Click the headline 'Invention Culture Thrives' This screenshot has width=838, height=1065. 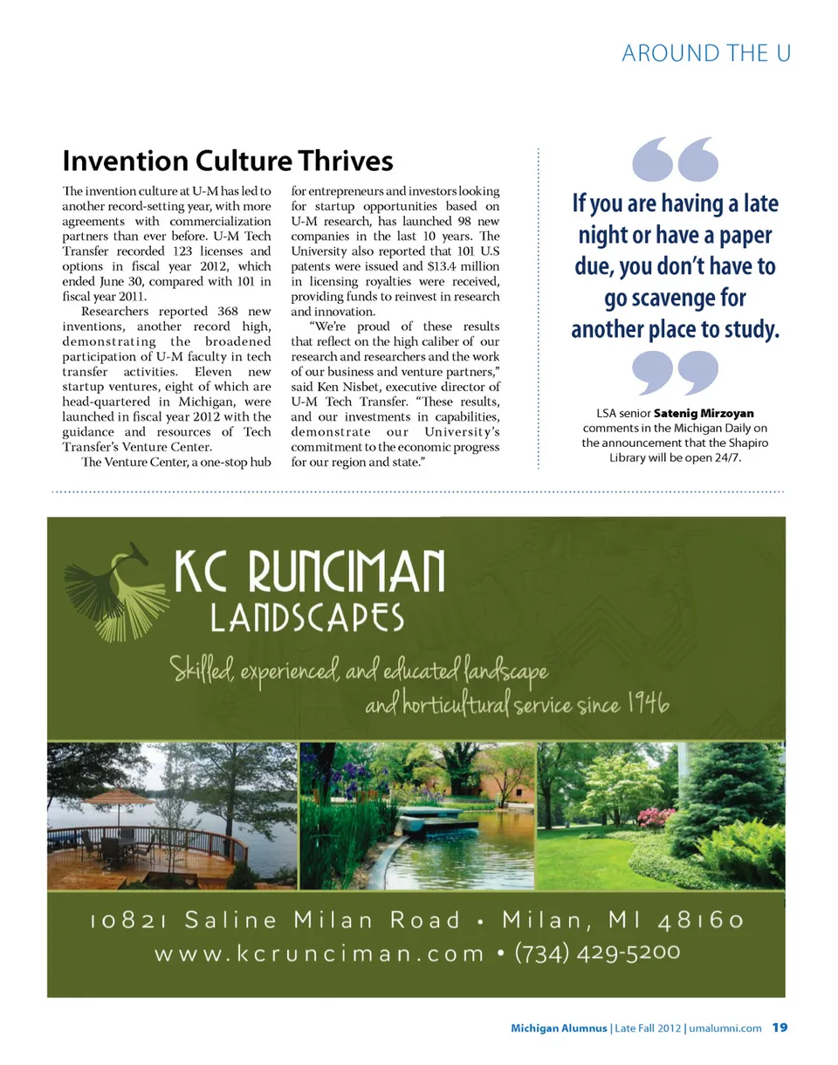point(228,161)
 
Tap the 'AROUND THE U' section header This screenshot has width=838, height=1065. point(706,54)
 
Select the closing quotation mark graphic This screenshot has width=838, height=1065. point(674,373)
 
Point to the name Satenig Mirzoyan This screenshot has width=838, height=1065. point(704,413)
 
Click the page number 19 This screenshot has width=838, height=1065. point(780,1027)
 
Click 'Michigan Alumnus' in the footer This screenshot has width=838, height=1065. point(559,1028)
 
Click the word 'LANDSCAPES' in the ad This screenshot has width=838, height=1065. point(307,618)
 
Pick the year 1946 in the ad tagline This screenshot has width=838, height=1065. point(648,704)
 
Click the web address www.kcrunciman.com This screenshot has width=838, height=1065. point(319,953)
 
